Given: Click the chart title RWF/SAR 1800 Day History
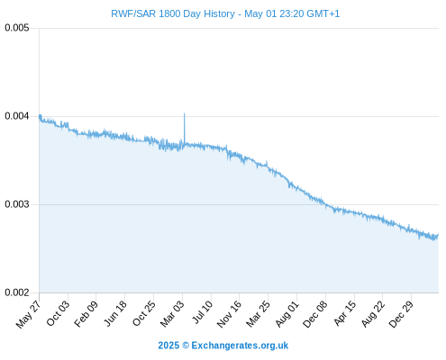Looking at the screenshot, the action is [173, 13].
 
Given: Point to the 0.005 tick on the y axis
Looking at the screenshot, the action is [17, 28].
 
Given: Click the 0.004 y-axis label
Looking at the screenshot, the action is [17, 116].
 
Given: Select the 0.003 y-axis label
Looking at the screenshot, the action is [17, 204].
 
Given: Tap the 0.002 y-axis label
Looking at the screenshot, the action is [17, 292].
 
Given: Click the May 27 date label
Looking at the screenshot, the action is [28, 314].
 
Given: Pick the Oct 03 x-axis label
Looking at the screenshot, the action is [58, 313].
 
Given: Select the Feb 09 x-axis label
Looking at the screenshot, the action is [86, 313].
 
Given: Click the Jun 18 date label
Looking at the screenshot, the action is [115, 313].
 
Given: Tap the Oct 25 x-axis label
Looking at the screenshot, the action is [144, 313].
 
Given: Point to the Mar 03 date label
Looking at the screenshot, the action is [172, 314].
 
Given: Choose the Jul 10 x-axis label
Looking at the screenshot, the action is [203, 312].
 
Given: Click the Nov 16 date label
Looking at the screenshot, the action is [229, 314].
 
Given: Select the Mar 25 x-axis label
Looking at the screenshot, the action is [258, 314].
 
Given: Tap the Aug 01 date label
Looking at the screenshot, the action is [287, 313].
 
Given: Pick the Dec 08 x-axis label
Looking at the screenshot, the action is [315, 314].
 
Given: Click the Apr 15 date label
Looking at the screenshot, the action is [345, 313].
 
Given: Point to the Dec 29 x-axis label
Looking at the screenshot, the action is [401, 314].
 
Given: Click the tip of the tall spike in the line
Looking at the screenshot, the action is [185, 113].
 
